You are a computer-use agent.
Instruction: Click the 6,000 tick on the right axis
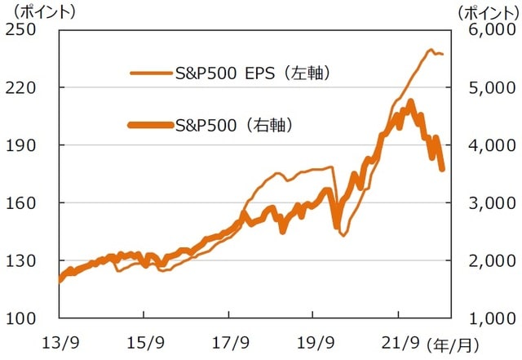click(x=487, y=30)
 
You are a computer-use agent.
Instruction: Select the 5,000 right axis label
click(x=487, y=87)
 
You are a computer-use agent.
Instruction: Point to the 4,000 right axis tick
click(x=487, y=145)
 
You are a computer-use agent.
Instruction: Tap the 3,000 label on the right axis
click(x=487, y=203)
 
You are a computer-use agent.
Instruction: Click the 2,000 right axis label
click(x=487, y=260)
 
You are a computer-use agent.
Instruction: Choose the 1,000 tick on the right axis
click(x=487, y=318)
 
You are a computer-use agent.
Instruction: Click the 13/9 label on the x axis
click(x=59, y=340)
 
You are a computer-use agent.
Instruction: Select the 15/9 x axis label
click(x=144, y=340)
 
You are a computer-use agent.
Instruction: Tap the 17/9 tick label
click(x=228, y=340)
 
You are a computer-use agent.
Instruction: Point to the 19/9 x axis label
click(x=313, y=340)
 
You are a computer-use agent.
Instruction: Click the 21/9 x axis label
click(x=398, y=340)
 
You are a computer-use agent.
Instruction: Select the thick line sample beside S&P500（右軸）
click(x=150, y=125)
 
